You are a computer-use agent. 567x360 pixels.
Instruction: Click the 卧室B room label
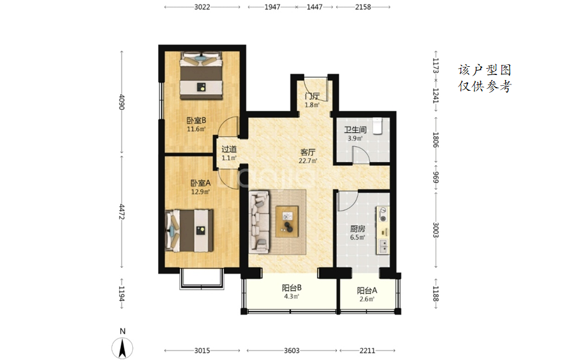click(x=197, y=120)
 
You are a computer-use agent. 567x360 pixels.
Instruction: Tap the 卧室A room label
click(x=200, y=183)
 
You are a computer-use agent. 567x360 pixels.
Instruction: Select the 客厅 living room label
click(x=307, y=153)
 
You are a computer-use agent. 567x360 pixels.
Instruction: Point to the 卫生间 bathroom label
click(x=355, y=129)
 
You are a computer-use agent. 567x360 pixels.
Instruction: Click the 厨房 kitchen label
click(x=357, y=229)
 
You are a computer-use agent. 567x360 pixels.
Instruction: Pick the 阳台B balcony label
click(x=292, y=288)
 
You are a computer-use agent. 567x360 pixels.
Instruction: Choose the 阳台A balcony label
click(x=367, y=290)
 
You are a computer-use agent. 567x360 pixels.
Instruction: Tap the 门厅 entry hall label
click(x=312, y=96)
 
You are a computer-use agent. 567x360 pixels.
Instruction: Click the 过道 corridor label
click(x=229, y=149)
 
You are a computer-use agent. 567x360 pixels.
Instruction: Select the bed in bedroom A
click(x=189, y=231)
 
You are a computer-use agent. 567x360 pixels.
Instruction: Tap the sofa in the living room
click(x=260, y=222)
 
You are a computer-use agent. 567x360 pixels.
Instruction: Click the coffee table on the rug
click(x=287, y=221)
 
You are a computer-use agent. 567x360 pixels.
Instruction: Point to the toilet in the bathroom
click(x=377, y=126)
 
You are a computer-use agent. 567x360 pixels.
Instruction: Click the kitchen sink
click(x=382, y=246)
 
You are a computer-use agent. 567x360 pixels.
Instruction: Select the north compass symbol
click(x=122, y=347)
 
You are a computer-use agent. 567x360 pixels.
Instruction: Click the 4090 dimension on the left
click(x=122, y=102)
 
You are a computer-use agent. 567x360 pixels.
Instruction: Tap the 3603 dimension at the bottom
click(x=292, y=351)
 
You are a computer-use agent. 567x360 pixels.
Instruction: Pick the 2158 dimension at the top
click(x=363, y=7)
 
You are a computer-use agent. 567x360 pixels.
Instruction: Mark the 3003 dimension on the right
click(x=435, y=230)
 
